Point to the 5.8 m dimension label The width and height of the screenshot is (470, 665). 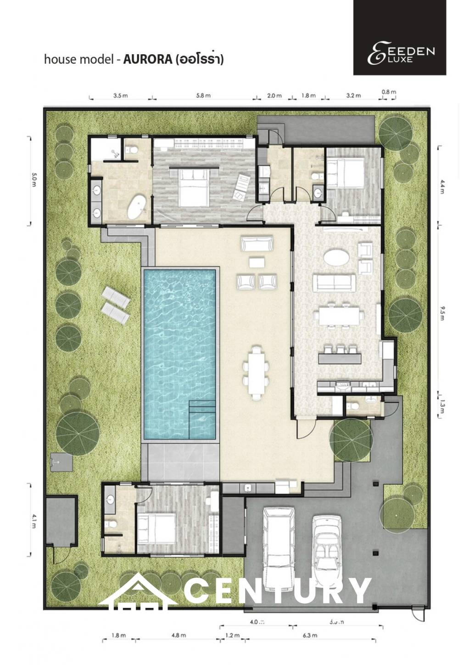203,96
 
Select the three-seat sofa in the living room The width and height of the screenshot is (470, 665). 334,282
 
